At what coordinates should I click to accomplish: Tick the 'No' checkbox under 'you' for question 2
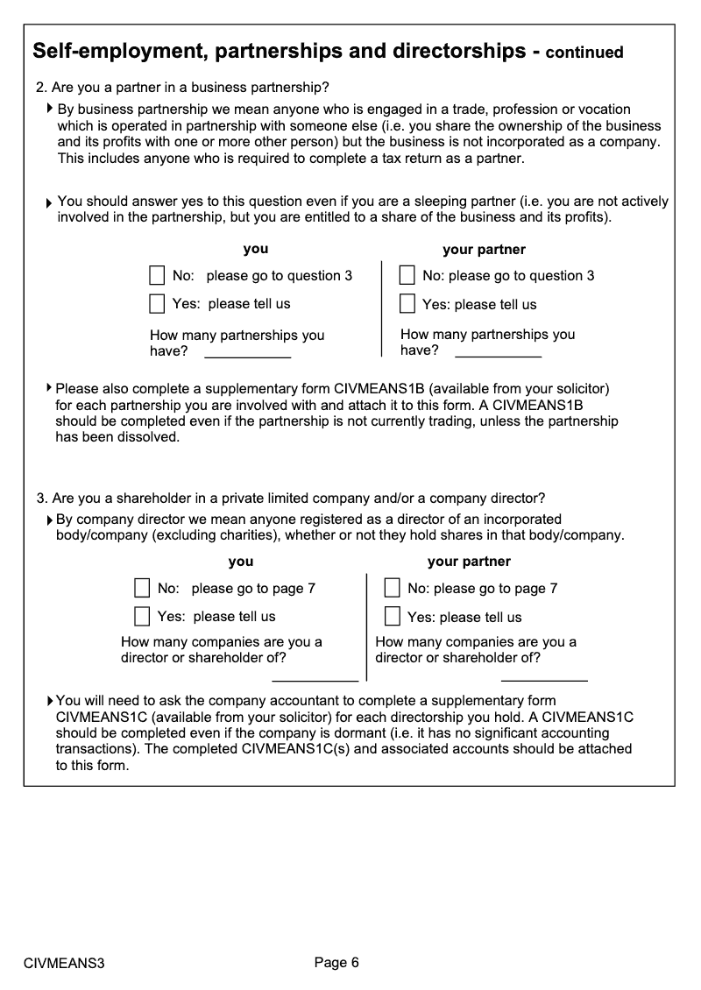tap(157, 276)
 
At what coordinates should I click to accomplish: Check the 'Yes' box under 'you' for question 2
tap(157, 304)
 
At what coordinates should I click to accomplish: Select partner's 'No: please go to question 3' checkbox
tap(407, 276)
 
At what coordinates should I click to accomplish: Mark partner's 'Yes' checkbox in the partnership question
tap(407, 304)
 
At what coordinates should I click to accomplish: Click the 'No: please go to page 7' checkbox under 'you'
tap(142, 588)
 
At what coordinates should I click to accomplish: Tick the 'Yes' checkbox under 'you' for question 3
tap(142, 616)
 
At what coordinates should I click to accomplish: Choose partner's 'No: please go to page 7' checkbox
tap(393, 588)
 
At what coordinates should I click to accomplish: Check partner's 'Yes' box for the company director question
tap(393, 616)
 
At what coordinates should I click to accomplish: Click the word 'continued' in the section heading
tap(584, 53)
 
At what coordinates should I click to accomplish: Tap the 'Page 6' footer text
tap(336, 963)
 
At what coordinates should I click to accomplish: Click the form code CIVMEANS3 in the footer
tap(64, 964)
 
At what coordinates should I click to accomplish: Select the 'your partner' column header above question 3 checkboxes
tap(469, 562)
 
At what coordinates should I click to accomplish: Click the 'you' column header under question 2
tap(256, 250)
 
